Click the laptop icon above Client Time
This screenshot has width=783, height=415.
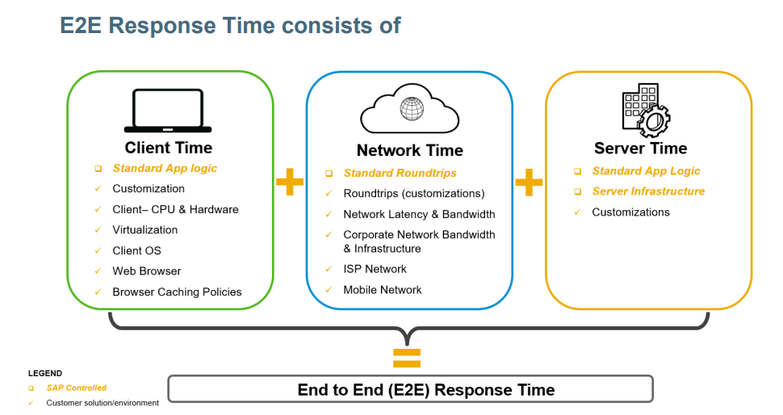(x=168, y=111)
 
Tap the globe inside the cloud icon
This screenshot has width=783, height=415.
(x=412, y=108)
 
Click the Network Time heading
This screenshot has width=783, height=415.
(x=409, y=150)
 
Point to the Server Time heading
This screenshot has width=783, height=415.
(x=641, y=149)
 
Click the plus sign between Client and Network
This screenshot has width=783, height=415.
(x=290, y=182)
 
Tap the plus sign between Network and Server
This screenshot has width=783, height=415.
(x=530, y=182)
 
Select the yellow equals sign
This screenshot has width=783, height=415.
(x=407, y=358)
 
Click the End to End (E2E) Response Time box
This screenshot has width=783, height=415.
(x=411, y=389)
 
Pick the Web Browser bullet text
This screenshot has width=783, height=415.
(x=146, y=271)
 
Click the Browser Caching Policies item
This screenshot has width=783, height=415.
(x=177, y=292)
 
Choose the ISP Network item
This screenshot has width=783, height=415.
(x=375, y=269)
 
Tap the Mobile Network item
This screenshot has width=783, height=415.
(x=383, y=290)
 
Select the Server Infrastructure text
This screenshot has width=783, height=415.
(x=648, y=191)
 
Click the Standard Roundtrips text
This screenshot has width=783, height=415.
(x=400, y=174)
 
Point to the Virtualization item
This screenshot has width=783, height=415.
(x=144, y=230)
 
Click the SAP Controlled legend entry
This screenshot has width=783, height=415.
(x=77, y=388)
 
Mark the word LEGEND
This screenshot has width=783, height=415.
(x=45, y=374)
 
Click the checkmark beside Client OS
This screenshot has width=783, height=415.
(x=98, y=250)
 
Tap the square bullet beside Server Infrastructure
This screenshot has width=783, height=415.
(x=578, y=192)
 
